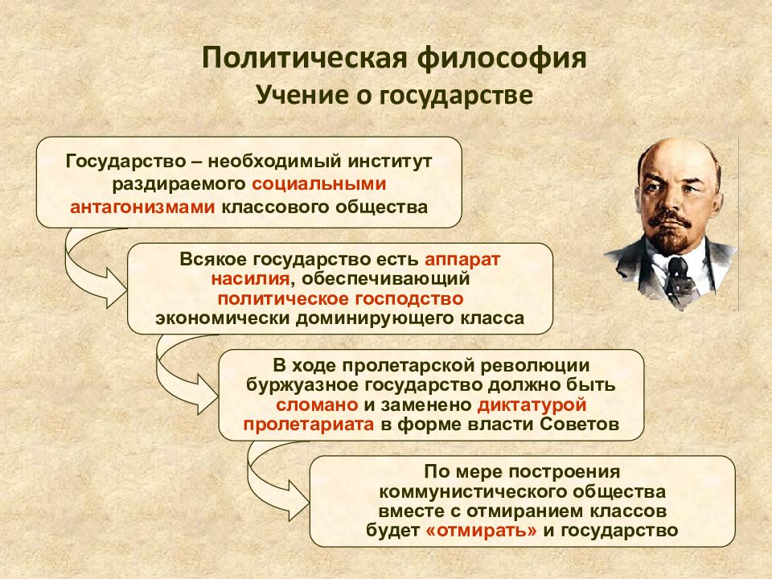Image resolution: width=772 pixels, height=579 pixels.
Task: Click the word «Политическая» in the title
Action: point(304,58)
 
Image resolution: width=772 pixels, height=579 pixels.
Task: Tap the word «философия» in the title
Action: point(502,59)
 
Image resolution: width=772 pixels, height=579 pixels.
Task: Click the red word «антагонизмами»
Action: point(142,207)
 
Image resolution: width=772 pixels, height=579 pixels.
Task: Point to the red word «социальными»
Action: point(319,184)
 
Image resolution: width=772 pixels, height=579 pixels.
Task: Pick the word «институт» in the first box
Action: point(391,161)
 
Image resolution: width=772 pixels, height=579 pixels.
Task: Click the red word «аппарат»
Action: point(462,260)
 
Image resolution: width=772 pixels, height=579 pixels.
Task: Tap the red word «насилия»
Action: point(250,279)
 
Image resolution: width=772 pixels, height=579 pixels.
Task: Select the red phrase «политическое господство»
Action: point(340,299)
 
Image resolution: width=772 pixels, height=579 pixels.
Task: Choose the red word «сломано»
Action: point(317,404)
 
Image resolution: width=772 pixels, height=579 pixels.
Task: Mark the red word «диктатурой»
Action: point(532,405)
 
